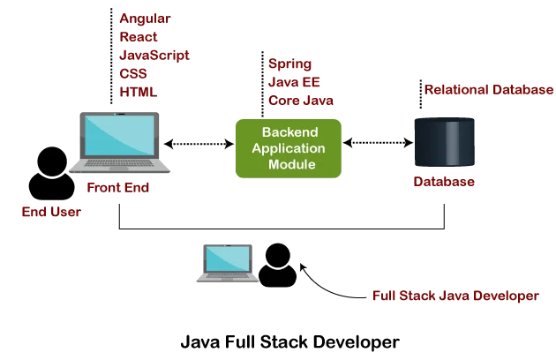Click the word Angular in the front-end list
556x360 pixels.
pos(145,19)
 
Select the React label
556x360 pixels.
pos(139,37)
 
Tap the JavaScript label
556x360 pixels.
pos(154,56)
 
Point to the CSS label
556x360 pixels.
pos(133,74)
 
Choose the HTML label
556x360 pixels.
pos(137,92)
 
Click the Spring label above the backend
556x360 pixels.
pos(289,64)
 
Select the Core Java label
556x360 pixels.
pos(301,101)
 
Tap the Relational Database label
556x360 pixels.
pos(489,90)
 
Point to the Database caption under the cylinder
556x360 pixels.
pos(444,183)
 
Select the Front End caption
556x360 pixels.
pos(117,188)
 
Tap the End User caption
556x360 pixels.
pos(51,212)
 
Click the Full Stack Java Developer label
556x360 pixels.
pos(455,296)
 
